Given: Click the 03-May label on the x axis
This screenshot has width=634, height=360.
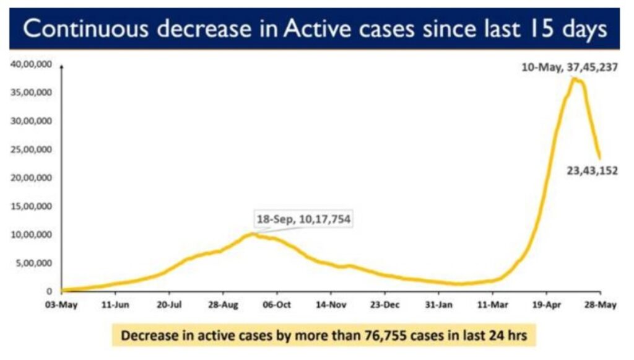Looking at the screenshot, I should (61, 304).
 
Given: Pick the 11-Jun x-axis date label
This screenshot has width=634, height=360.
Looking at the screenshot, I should (115, 304).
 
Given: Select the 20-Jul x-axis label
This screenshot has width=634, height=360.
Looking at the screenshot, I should (169, 304).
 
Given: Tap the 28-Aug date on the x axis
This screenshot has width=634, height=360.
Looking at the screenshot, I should (223, 304).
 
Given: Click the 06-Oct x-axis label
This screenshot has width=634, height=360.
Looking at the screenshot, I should (277, 304).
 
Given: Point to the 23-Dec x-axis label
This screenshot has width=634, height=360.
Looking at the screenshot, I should (384, 304).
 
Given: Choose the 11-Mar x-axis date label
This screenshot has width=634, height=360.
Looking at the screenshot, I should (492, 304).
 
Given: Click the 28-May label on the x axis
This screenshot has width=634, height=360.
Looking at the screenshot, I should (599, 304).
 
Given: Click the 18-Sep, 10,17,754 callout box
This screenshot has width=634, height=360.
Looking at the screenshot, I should (303, 219).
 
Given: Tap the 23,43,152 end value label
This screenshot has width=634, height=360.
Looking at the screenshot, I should (592, 170).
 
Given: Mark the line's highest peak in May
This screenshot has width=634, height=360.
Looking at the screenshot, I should (575, 79).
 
